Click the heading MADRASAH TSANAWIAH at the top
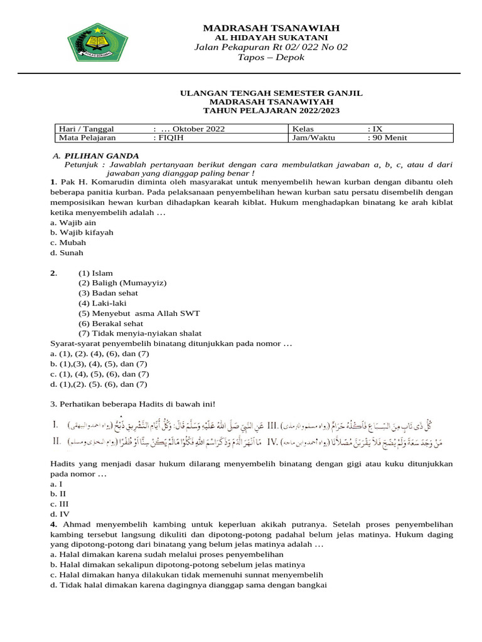point(270,28)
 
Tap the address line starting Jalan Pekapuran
point(270,47)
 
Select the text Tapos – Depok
point(270,58)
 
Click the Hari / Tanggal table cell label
point(86,129)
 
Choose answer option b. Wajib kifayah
point(82,232)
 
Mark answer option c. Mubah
point(68,243)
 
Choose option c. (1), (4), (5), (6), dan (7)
point(99,374)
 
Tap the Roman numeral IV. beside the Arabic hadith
point(274,442)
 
